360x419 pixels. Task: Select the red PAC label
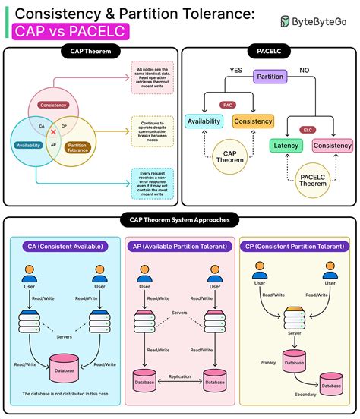pyautogui.click(x=227, y=105)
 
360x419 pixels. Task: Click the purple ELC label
pyautogui.click(x=308, y=130)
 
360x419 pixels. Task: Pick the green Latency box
pyautogui.click(x=286, y=144)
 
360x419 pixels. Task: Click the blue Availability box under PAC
pyautogui.click(x=204, y=121)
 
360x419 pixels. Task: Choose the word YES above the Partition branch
pyautogui.click(x=237, y=71)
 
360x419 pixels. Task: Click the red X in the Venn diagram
pyautogui.click(x=53, y=131)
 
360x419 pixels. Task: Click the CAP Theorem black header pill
pyautogui.click(x=90, y=51)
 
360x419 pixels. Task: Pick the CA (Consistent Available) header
pyautogui.click(x=64, y=247)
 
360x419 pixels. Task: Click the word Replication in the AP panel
pyautogui.click(x=179, y=376)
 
